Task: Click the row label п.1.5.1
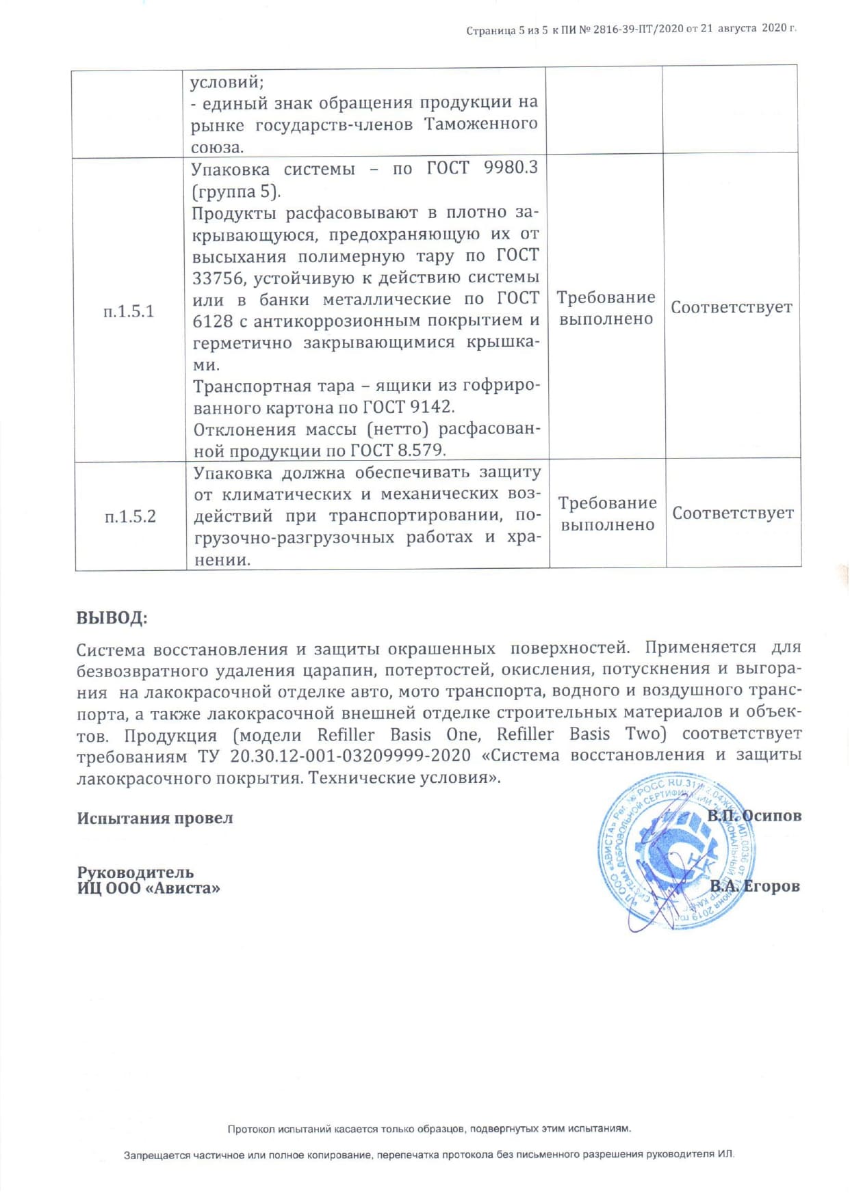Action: (129, 312)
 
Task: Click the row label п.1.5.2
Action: (130, 516)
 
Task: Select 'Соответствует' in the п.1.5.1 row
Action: (732, 308)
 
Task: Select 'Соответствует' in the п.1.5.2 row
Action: (733, 513)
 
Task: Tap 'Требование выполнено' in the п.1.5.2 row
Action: (607, 514)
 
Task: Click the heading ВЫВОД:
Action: (112, 618)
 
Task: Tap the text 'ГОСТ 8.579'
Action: (398, 451)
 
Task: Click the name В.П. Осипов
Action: (754, 816)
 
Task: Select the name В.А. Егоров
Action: (755, 887)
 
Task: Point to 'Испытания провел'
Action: (155, 818)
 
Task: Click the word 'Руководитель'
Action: (135, 872)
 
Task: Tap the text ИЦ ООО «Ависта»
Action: (149, 888)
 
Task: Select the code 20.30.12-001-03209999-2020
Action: (350, 756)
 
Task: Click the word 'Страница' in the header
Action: (491, 31)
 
